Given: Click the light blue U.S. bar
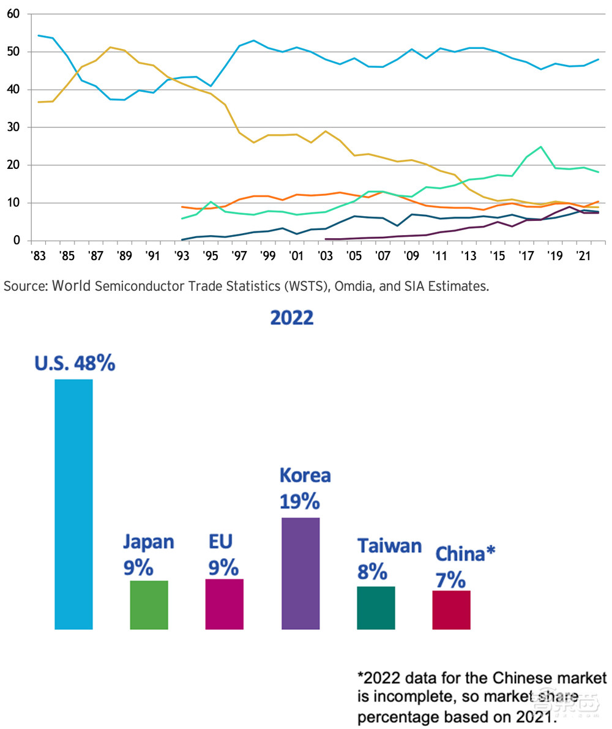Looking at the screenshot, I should click(73, 504).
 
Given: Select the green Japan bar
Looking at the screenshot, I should click(149, 605).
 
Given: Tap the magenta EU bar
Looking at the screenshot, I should click(224, 604).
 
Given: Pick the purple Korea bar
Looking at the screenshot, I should click(300, 573).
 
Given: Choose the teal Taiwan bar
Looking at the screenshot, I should click(376, 607).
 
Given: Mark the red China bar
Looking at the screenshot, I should click(451, 610).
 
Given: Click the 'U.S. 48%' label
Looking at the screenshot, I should click(73, 364).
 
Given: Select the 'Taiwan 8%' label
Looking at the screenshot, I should click(389, 558).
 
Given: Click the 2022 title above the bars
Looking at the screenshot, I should click(292, 318).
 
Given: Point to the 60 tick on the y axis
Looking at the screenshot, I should click(13, 14).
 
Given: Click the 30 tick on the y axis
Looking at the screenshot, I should click(13, 127).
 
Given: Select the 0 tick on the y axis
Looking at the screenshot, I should click(17, 241).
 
